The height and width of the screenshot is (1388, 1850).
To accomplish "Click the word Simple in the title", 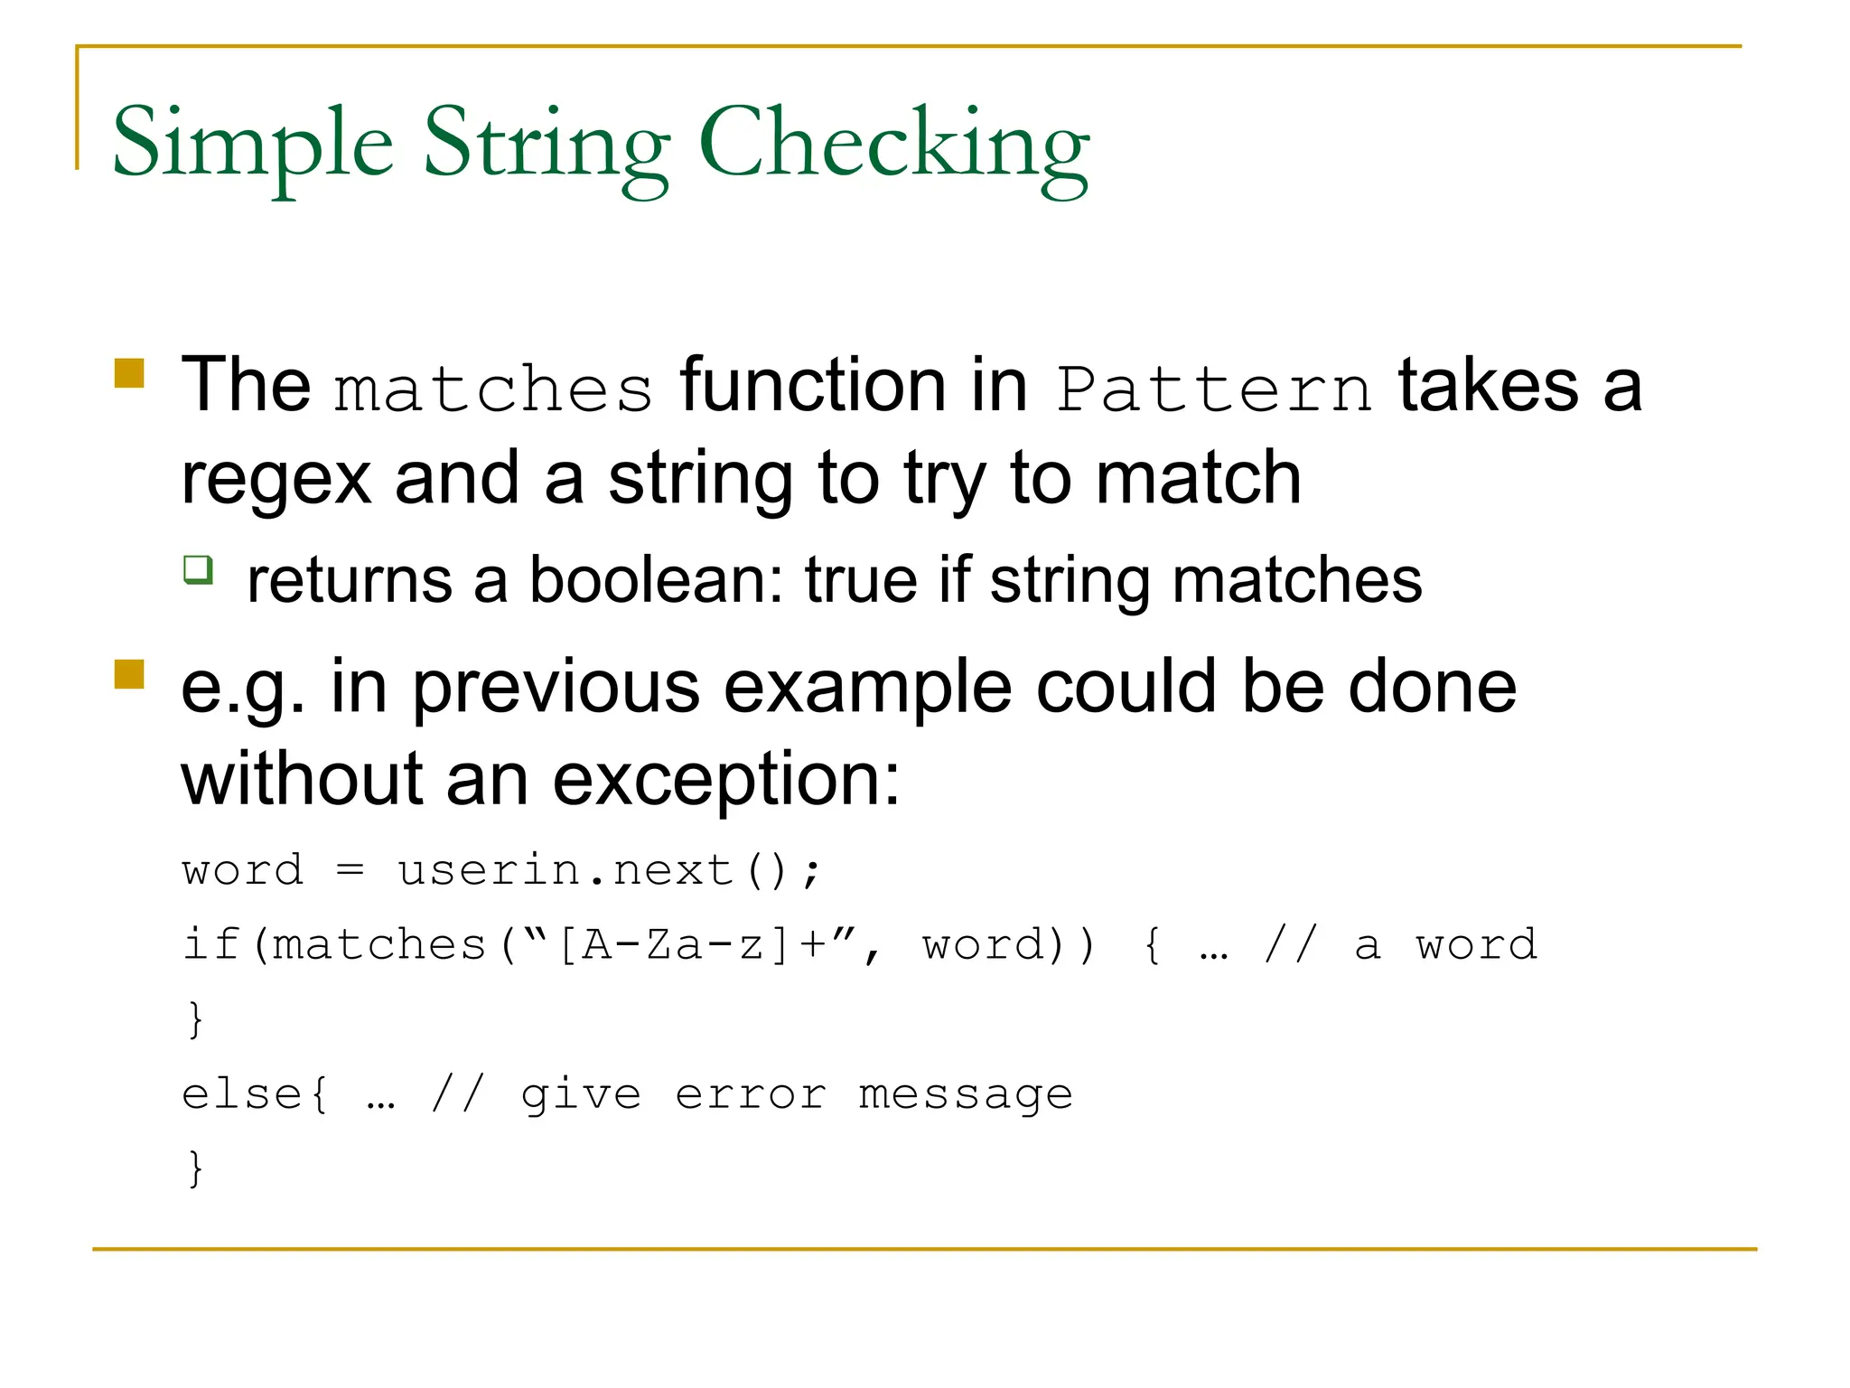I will (x=253, y=145).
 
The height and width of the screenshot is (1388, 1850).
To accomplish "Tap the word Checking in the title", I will (x=894, y=145).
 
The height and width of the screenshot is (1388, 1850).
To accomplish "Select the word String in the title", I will (x=547, y=145).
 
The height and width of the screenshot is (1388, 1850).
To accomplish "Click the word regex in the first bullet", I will (x=276, y=479).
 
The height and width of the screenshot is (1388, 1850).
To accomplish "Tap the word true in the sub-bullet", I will (x=862, y=580).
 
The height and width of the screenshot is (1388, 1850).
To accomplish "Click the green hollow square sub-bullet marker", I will (x=198, y=570).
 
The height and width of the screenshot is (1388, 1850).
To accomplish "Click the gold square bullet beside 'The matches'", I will (x=130, y=372).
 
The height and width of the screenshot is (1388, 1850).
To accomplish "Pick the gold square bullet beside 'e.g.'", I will (x=130, y=674).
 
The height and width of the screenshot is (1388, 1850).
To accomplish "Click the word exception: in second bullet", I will (x=726, y=779).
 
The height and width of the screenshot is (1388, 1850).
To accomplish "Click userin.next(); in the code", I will (x=610, y=871).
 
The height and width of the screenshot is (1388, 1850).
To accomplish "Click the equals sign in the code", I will (x=350, y=871).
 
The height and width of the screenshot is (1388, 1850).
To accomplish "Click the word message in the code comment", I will (x=966, y=1094).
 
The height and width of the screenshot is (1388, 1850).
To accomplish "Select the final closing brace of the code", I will (x=195, y=1168).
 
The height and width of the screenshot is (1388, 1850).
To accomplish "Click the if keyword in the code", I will (x=211, y=945).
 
